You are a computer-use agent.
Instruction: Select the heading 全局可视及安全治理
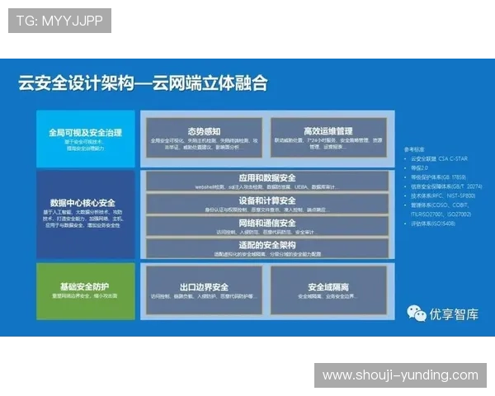point(85,131)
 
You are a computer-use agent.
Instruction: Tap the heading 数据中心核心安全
point(82,202)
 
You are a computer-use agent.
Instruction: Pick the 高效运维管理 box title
point(328,131)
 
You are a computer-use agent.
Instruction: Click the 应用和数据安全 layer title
point(266,177)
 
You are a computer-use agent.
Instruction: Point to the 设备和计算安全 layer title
point(266,200)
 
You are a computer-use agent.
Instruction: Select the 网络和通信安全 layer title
point(266,223)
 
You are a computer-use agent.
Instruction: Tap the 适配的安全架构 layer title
point(266,245)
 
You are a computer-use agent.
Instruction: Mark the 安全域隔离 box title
point(328,287)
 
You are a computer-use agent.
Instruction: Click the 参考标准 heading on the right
point(416,149)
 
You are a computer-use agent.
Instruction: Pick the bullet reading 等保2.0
point(422,167)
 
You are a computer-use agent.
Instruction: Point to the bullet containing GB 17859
point(442,177)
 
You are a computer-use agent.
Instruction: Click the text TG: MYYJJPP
point(59,21)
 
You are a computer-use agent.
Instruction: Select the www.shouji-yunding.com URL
point(399,375)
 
